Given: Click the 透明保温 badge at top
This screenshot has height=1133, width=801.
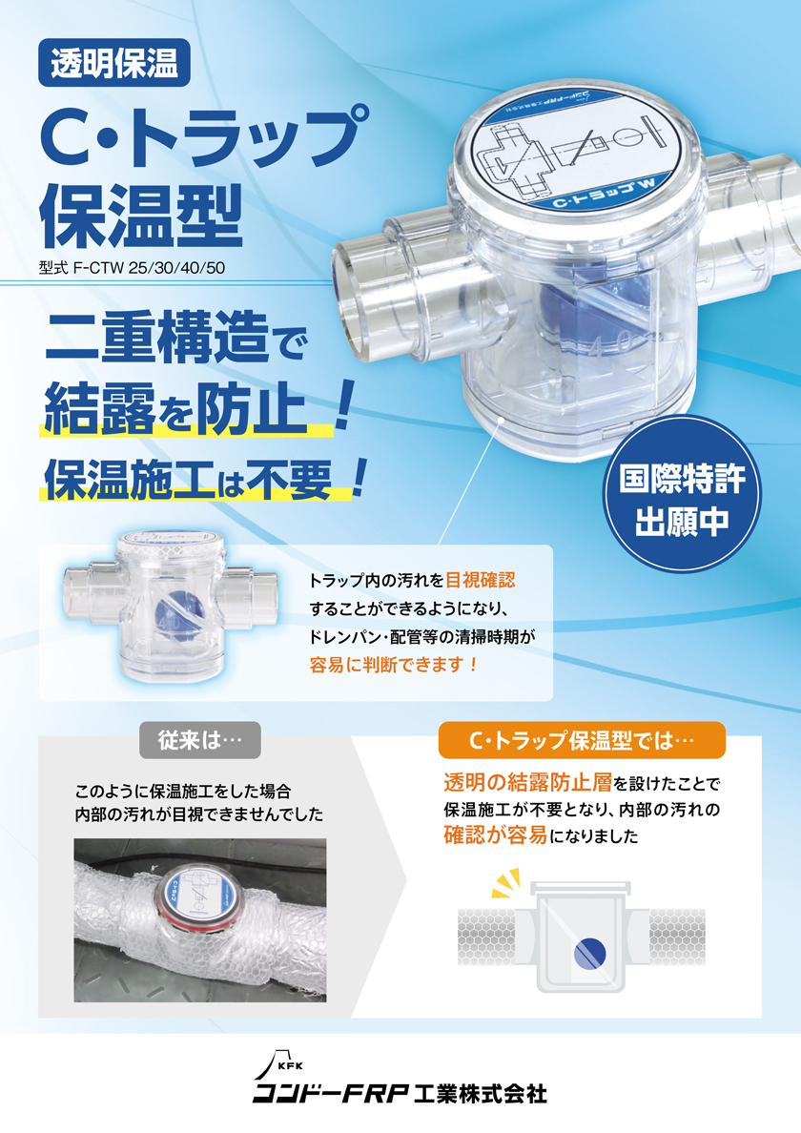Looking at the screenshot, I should tap(114, 64).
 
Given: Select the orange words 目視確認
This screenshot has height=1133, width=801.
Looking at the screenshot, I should tap(486, 580).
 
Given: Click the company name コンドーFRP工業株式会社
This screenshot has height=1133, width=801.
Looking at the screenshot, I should tap(400, 1092).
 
